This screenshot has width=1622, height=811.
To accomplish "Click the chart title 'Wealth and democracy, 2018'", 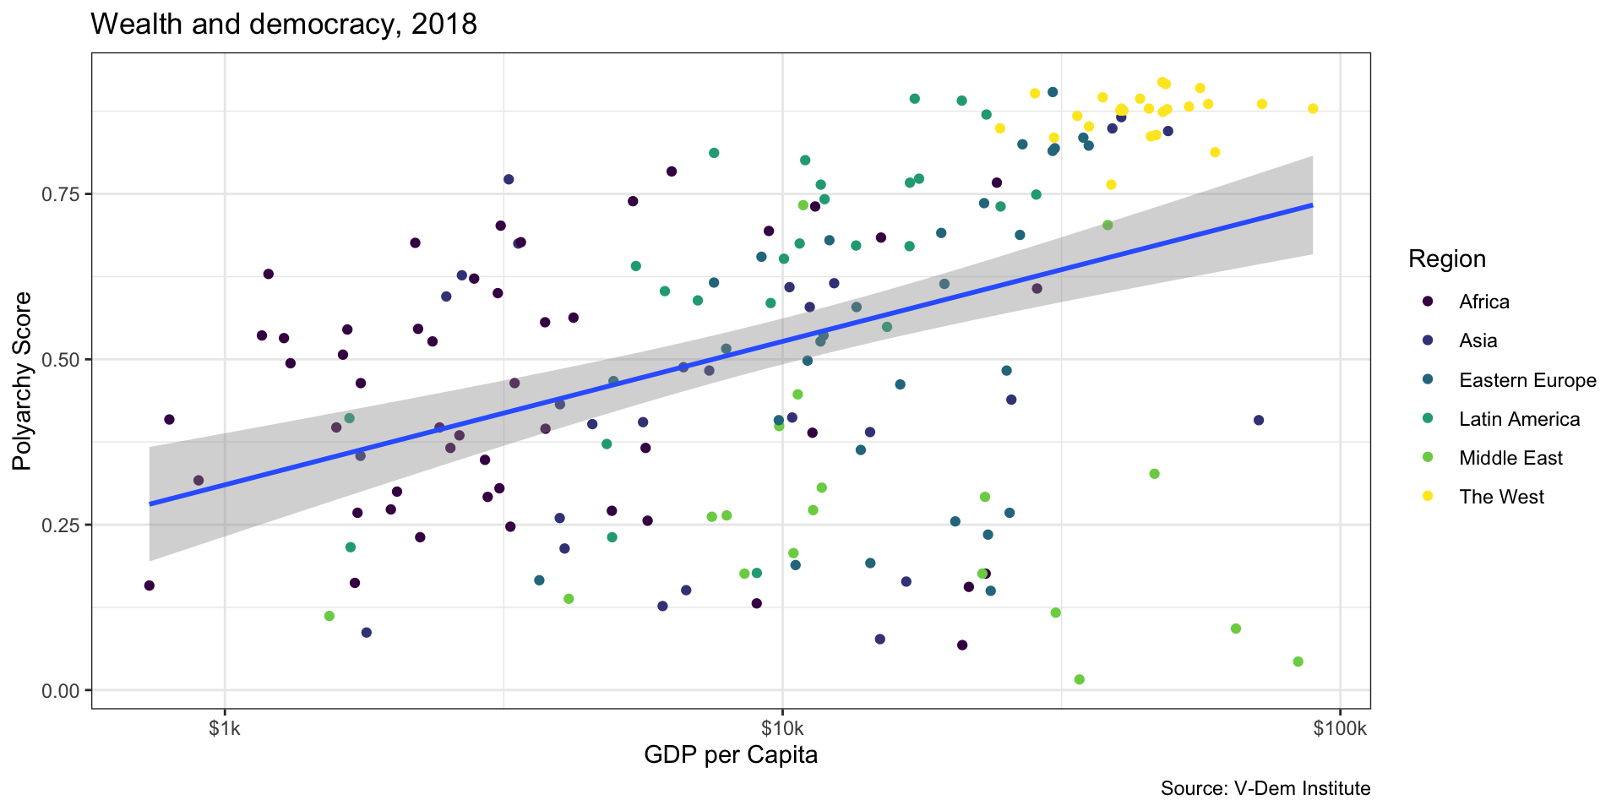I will click(x=284, y=24).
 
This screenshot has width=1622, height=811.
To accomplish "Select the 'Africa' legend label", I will click(x=1484, y=302).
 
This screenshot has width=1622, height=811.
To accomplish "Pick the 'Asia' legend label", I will click(x=1478, y=340).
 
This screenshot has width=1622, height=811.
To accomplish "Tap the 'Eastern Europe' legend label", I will click(x=1527, y=380).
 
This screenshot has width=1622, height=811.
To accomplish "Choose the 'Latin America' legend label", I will click(x=1519, y=419).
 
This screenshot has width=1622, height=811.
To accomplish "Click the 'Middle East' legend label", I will click(x=1510, y=458).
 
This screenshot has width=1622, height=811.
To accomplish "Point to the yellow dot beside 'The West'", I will click(x=1428, y=497).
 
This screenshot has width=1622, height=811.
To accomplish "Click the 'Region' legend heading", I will click(x=1447, y=259).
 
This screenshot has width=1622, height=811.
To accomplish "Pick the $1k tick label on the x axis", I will click(x=225, y=728).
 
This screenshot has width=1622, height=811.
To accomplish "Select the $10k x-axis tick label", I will click(x=782, y=728).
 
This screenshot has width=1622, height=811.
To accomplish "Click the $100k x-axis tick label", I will click(x=1340, y=728).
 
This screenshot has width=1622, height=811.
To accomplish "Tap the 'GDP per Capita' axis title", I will click(x=731, y=754).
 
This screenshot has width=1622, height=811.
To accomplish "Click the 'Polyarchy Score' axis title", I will click(x=22, y=381).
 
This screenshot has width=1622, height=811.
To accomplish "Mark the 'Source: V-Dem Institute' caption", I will click(x=1265, y=788).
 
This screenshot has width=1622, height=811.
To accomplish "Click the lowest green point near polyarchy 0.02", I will click(x=1079, y=679).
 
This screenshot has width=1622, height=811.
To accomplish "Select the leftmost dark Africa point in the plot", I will click(x=150, y=585).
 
